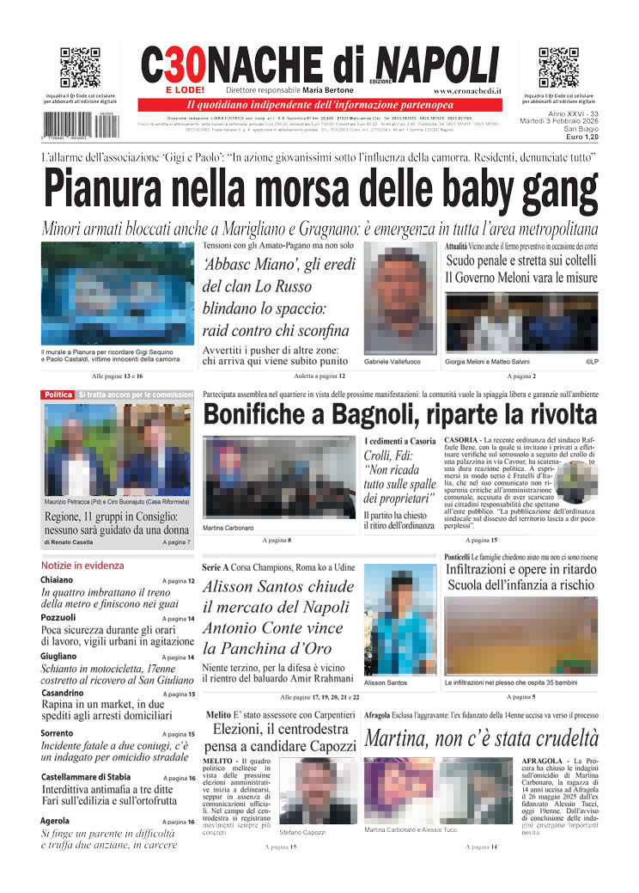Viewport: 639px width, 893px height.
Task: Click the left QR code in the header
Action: pos(80,68)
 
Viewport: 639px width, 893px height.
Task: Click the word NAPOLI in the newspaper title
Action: pos(438,64)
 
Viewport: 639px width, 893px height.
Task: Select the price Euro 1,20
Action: pos(578,137)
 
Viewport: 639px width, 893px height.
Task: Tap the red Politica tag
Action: pos(58,395)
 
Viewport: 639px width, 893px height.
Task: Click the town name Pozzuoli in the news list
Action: pos(58,617)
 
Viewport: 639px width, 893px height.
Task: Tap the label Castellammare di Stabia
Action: pos(86,776)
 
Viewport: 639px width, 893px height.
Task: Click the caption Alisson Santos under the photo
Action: pos(386,682)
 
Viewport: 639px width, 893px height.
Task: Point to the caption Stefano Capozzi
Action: pos(302,832)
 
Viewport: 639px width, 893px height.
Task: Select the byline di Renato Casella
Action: pos(71,543)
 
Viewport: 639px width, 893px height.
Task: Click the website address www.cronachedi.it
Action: pos(467,90)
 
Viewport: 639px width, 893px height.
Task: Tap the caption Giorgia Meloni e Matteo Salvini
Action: pos(487,363)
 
